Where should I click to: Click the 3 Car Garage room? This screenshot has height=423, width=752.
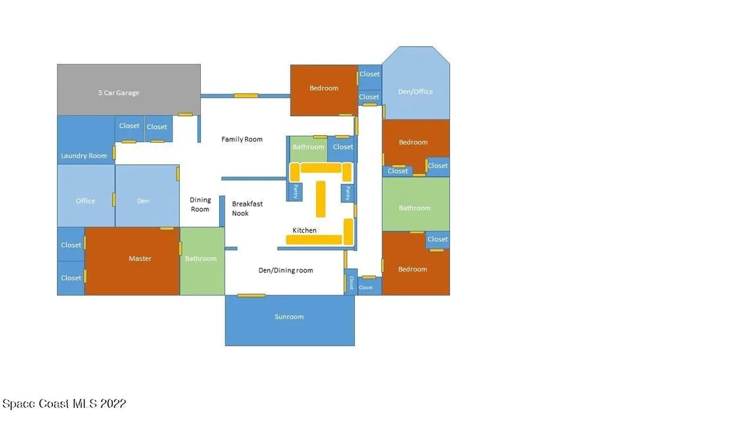pos(128,90)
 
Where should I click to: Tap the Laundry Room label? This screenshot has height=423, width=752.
pos(84,156)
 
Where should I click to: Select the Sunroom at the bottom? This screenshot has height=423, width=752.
pos(290,320)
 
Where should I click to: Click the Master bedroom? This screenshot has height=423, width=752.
pos(132,261)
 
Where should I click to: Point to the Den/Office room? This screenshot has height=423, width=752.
pos(416,83)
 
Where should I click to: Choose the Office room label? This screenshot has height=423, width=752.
pos(86,201)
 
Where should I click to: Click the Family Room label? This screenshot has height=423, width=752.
pos(242,139)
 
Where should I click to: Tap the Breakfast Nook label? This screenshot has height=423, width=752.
pos(247,208)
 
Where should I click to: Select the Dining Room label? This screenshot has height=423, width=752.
pos(200,204)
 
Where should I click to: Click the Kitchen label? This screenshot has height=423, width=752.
pos(305,230)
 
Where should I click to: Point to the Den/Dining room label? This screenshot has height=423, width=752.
pos(286,270)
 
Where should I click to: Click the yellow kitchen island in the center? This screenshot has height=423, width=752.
pos(320,198)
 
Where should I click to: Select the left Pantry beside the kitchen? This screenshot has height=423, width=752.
pos(295,191)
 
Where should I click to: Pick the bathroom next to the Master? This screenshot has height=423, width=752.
pos(202,261)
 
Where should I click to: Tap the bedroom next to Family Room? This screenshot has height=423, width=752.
pos(324,90)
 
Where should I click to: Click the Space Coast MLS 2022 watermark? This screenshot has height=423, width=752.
pos(64,404)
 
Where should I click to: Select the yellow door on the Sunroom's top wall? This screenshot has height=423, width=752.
pos(251,295)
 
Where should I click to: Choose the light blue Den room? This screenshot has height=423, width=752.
pos(147,196)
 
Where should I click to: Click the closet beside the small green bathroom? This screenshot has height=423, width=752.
pos(341,149)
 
